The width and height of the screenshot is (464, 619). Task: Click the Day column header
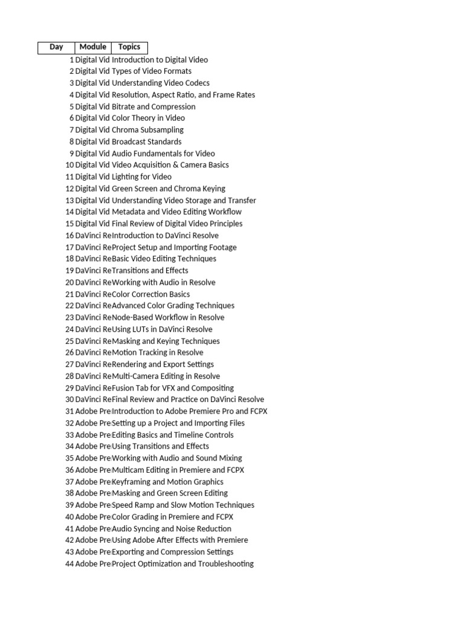click(x=56, y=47)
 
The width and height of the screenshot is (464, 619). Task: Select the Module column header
click(x=93, y=47)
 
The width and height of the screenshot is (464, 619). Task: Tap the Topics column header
click(x=129, y=47)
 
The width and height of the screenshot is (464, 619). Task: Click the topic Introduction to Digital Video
click(x=160, y=60)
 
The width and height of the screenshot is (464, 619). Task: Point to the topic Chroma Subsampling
click(x=148, y=130)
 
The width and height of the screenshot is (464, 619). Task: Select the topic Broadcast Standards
click(x=147, y=141)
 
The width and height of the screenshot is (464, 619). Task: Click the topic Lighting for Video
click(x=142, y=177)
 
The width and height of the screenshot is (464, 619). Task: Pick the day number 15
click(x=69, y=224)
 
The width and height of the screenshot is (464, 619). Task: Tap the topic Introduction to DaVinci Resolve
click(x=166, y=235)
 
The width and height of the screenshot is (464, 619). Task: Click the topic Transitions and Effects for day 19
click(x=150, y=270)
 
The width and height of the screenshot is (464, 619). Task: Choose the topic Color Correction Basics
click(x=151, y=294)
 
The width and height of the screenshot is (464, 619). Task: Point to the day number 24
click(x=69, y=329)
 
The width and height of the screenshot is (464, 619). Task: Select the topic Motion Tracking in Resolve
click(x=158, y=352)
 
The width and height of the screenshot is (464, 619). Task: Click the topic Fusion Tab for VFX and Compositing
click(x=173, y=388)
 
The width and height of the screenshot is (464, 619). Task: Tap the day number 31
click(x=69, y=411)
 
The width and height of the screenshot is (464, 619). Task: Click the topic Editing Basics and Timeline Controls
click(x=173, y=435)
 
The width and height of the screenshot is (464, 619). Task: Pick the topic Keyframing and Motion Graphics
click(x=168, y=482)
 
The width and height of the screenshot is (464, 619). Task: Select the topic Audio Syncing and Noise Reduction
click(x=172, y=528)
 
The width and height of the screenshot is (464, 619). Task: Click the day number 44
click(x=69, y=564)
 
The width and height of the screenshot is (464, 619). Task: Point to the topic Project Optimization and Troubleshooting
click(x=183, y=564)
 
